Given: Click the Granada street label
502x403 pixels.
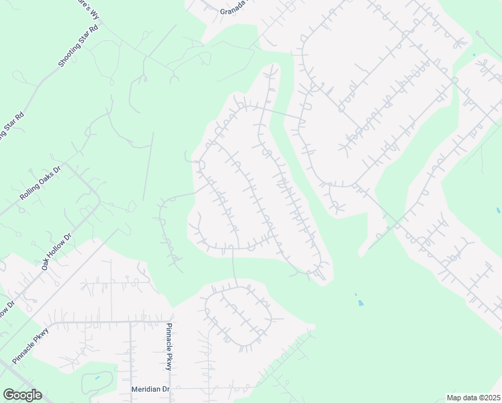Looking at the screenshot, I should (x=234, y=11).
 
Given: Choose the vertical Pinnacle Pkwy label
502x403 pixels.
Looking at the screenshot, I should (x=169, y=347).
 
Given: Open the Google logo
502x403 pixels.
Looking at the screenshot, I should (x=22, y=395).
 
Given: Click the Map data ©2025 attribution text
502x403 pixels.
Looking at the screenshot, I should (x=472, y=398).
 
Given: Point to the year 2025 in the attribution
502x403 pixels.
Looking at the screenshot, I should (x=489, y=398).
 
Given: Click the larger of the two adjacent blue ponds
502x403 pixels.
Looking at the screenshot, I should (x=360, y=303).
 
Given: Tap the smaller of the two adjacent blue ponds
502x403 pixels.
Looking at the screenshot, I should (x=355, y=295).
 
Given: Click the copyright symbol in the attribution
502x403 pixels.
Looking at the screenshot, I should (x=476, y=398).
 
